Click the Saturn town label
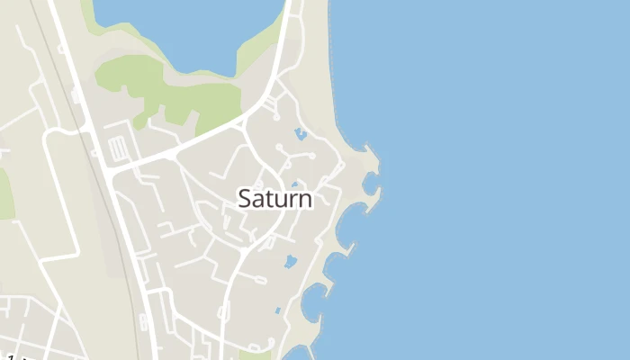pos(275,199)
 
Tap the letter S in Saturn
pos(246,199)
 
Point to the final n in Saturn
pos(306,201)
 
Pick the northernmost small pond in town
pos(301,134)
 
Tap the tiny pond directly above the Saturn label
pos(294,184)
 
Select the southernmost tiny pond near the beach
pos(278,310)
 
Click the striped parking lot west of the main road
pos(118,148)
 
